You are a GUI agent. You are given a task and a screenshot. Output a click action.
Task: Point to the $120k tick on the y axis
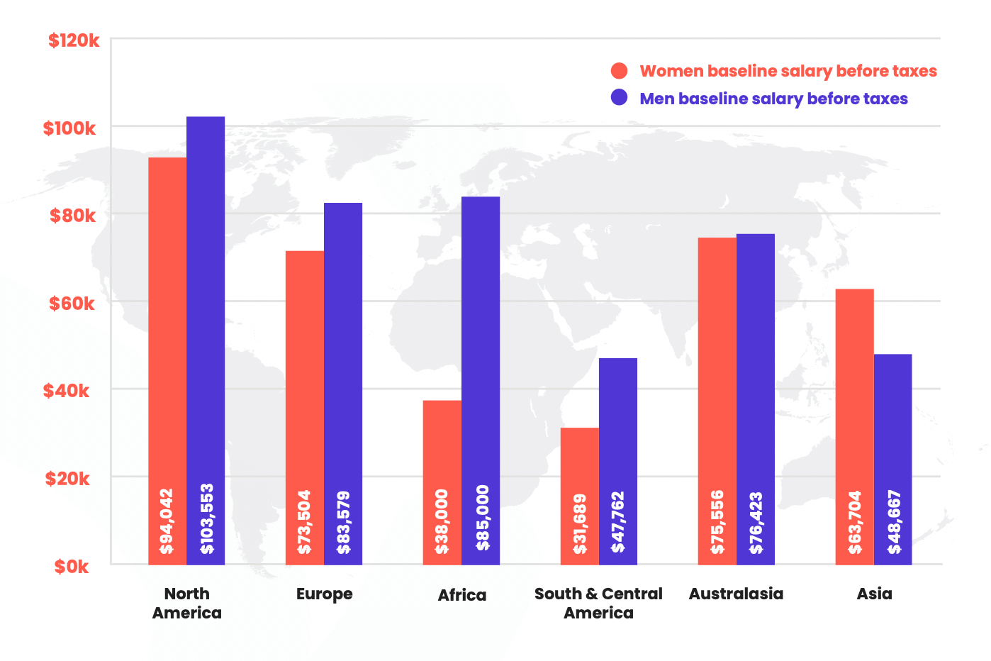74,40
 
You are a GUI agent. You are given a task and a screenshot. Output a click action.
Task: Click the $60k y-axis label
71,304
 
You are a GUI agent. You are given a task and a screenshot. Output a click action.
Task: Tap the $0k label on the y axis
72,567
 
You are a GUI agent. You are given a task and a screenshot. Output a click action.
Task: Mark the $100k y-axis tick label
69,128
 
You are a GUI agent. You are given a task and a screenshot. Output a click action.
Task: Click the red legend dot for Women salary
619,71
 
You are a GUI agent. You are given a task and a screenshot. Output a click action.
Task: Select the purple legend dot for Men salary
619,98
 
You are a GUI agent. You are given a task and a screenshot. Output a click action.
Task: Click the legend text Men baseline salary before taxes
773,99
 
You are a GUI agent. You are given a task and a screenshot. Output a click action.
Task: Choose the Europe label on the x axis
324,594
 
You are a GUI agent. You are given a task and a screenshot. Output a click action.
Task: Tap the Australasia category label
736,594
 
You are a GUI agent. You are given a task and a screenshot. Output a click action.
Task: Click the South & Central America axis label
598,603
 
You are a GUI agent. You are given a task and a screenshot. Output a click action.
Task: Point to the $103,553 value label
206,518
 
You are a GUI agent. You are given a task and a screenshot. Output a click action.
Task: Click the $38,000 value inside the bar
442,521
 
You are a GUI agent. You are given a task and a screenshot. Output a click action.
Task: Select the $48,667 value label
894,521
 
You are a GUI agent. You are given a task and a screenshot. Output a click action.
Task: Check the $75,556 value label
717,521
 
